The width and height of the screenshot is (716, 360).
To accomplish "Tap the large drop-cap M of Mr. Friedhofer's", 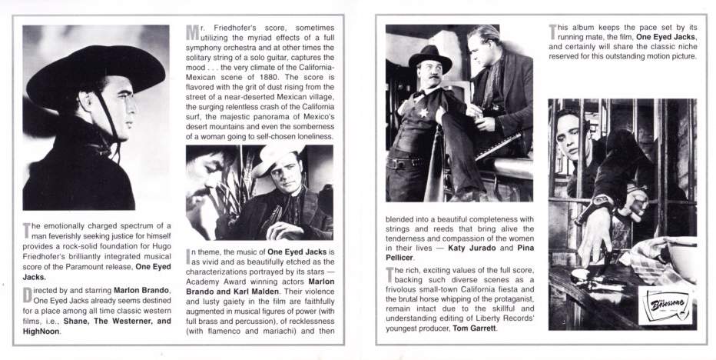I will coord(192,35).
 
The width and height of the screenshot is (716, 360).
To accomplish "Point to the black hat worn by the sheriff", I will coord(428,61).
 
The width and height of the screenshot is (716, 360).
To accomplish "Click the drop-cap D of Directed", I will coord(28,293).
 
